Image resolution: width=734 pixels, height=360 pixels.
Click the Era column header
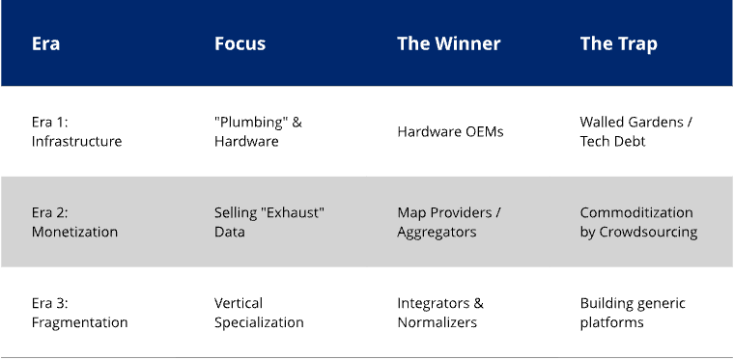click(x=45, y=43)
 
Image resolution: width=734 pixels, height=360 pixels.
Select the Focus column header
click(x=240, y=43)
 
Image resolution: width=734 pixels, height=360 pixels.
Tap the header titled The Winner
click(x=448, y=43)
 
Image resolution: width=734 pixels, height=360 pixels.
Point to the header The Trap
click(x=618, y=43)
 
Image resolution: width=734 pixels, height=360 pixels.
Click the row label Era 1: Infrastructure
click(x=76, y=131)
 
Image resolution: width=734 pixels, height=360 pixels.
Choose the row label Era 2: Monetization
click(x=74, y=222)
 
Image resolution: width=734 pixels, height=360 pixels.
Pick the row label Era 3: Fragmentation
click(x=79, y=313)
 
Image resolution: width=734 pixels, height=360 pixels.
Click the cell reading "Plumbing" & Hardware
click(x=258, y=131)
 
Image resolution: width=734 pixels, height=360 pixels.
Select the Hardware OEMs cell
click(x=450, y=131)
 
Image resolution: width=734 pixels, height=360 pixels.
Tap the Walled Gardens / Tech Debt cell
click(x=635, y=131)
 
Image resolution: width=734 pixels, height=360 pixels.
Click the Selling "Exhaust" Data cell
click(x=268, y=222)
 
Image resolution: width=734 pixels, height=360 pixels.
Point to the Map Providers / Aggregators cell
click(x=448, y=222)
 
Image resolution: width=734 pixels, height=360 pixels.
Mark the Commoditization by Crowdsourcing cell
click(x=638, y=222)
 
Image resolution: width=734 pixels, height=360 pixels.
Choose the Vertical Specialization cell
click(x=259, y=313)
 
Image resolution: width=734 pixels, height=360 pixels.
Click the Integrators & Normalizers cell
click(x=440, y=313)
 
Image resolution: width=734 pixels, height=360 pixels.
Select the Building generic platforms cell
click(x=633, y=313)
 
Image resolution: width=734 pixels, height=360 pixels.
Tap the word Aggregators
click(x=436, y=232)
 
